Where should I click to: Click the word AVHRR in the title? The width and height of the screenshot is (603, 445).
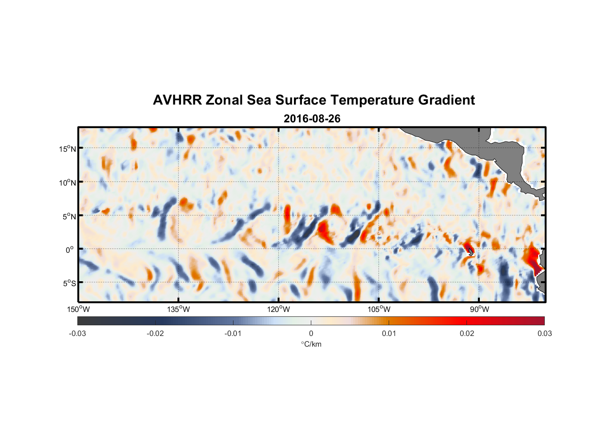[x=177, y=100]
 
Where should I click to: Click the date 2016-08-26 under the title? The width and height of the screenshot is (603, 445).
[x=312, y=119]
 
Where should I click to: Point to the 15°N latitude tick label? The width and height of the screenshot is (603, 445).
[x=68, y=149]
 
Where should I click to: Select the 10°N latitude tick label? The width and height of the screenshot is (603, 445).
[x=68, y=182]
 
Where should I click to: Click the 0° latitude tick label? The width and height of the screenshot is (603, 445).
[x=70, y=250]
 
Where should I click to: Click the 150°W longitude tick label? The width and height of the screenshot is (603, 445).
[x=79, y=309]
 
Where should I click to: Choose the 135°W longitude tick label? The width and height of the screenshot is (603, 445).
[x=179, y=309]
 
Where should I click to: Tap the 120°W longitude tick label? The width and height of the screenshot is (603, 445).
[x=279, y=309]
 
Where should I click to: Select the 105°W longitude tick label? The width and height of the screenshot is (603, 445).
[x=379, y=309]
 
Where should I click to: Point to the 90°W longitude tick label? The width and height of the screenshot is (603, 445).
[x=479, y=309]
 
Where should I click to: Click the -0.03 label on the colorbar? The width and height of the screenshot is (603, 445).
[x=77, y=333]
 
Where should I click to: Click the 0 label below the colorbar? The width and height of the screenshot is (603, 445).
[x=311, y=333]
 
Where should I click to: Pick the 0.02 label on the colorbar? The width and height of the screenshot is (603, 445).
[x=467, y=333]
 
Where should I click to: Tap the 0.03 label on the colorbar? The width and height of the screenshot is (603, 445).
[x=544, y=333]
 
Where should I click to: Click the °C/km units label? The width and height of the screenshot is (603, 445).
[x=311, y=344]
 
